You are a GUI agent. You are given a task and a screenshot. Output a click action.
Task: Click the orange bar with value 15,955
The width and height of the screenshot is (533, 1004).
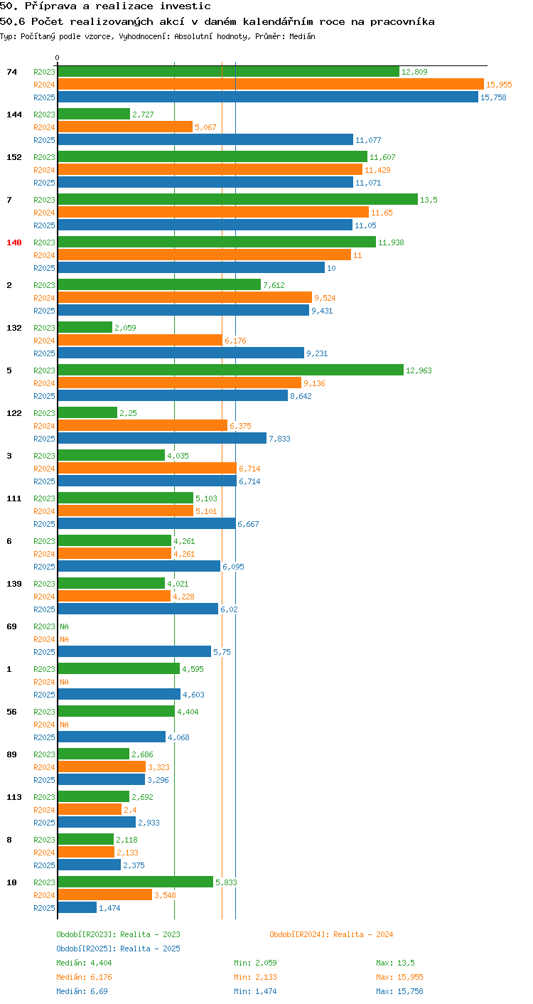pyautogui.click(x=271, y=85)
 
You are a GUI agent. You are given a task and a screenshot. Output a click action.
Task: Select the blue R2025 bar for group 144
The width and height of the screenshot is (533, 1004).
pyautogui.click(x=205, y=140)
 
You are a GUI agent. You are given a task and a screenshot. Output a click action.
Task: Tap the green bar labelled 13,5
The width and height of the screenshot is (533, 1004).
pyautogui.click(x=238, y=200)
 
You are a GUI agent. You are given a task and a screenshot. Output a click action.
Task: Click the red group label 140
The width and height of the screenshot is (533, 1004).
pyautogui.click(x=14, y=242)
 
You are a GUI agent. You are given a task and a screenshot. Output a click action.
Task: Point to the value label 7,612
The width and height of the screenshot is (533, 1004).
pyautogui.click(x=274, y=285)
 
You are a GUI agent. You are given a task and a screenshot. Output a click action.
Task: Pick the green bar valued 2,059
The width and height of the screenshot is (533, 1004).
pyautogui.click(x=85, y=327)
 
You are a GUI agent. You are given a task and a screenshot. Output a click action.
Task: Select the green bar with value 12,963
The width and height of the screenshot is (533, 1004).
pyautogui.click(x=231, y=370)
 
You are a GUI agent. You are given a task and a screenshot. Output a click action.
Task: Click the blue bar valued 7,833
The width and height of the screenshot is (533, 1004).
pyautogui.click(x=162, y=438)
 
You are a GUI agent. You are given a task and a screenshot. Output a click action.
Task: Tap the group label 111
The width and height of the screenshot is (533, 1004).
pyautogui.click(x=14, y=498)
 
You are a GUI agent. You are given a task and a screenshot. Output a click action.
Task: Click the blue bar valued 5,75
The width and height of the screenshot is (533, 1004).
pyautogui.click(x=134, y=652)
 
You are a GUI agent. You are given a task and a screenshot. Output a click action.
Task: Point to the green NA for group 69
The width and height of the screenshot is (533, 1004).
pyautogui.click(x=65, y=626)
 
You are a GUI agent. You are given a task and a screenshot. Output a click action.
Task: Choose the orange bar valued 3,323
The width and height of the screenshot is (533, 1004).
pyautogui.click(x=102, y=767)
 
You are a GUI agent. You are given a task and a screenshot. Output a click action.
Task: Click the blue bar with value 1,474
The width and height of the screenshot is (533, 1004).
pyautogui.click(x=77, y=907)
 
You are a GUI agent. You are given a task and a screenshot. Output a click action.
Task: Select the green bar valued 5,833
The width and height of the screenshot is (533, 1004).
pyautogui.click(x=136, y=882)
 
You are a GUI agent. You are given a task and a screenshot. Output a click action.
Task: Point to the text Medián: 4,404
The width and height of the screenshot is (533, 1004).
pyautogui.click(x=84, y=963)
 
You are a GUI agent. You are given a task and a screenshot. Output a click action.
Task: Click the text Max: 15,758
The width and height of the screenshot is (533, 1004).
pyautogui.click(x=399, y=991)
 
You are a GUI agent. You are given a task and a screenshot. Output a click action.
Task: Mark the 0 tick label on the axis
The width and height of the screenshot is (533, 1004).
pyautogui.click(x=58, y=58)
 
